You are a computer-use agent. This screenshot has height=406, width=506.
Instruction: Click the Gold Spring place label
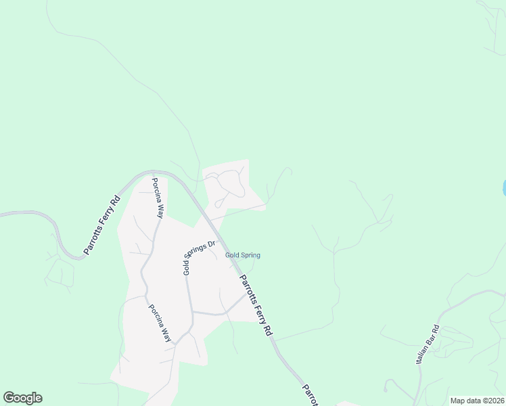coord(242,255)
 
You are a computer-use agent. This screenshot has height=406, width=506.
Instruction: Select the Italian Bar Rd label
coord(428,345)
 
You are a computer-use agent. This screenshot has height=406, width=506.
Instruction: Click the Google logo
coord(22,398)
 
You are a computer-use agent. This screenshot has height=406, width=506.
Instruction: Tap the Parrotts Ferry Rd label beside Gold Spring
coord(256,303)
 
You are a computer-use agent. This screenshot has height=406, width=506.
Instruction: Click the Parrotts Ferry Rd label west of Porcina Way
coord(102,225)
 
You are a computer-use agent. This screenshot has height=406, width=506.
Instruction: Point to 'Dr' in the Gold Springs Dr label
coord(211,244)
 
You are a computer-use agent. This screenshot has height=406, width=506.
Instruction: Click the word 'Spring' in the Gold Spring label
coord(250,255)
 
